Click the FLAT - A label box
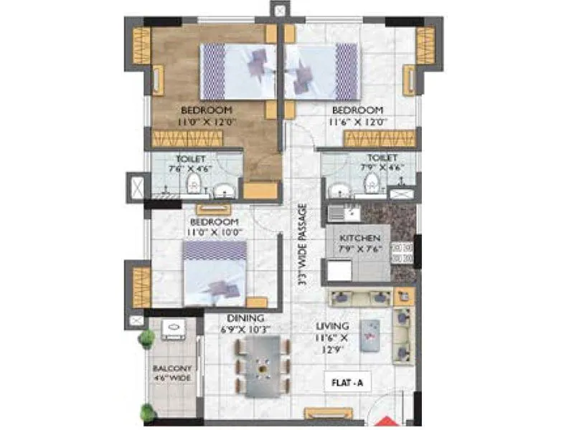(x=349, y=383)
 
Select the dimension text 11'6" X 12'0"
(x=358, y=122)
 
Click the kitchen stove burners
(x=403, y=254)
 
